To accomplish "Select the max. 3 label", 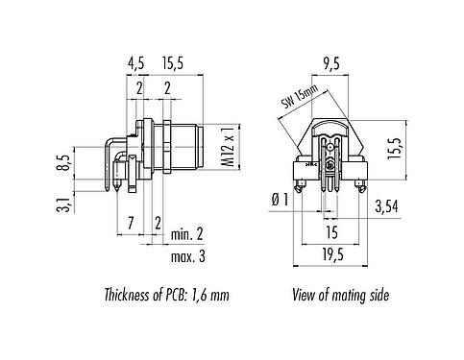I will (x=189, y=256).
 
